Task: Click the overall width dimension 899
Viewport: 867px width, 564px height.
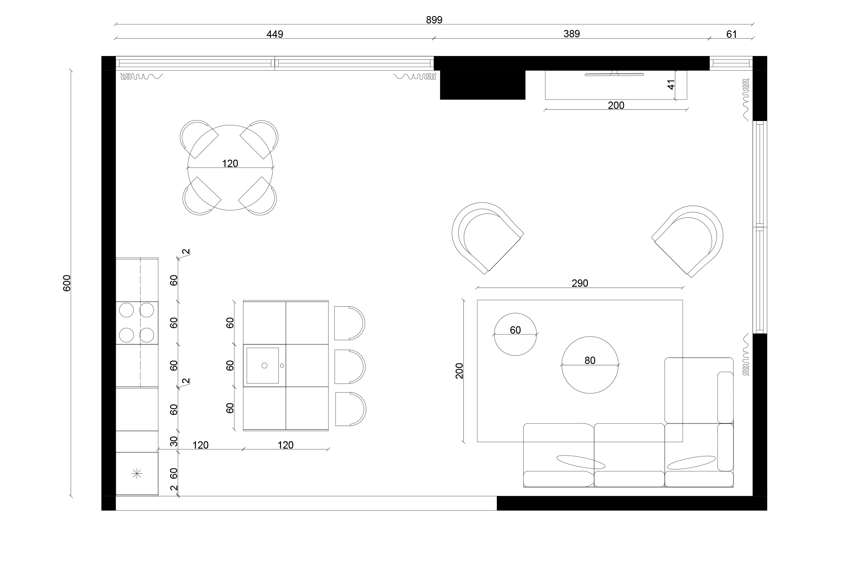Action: pyautogui.click(x=434, y=20)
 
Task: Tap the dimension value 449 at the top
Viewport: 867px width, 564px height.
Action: pyautogui.click(x=275, y=34)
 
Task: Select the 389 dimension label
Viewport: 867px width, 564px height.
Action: pyautogui.click(x=571, y=34)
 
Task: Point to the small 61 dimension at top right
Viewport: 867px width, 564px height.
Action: pyautogui.click(x=731, y=34)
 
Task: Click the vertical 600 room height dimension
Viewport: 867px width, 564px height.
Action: pyautogui.click(x=67, y=283)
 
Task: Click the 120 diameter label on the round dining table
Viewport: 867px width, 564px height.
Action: pyautogui.click(x=230, y=164)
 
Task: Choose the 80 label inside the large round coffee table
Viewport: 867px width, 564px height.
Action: pyautogui.click(x=590, y=361)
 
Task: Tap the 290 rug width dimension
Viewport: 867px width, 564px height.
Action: pyautogui.click(x=580, y=283)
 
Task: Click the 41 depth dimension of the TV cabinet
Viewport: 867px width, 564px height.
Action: pyautogui.click(x=671, y=84)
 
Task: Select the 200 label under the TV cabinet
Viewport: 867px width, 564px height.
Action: pyautogui.click(x=616, y=105)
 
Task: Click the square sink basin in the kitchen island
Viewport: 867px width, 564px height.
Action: pyautogui.click(x=263, y=365)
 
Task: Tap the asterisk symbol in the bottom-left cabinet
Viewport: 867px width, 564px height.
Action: pyautogui.click(x=137, y=474)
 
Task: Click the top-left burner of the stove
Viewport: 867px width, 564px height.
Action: pyautogui.click(x=126, y=310)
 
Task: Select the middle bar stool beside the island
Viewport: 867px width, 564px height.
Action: pyautogui.click(x=349, y=367)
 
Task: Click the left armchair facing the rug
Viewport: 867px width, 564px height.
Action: pyautogui.click(x=486, y=236)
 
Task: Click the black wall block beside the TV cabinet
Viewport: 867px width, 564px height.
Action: pyautogui.click(x=482, y=85)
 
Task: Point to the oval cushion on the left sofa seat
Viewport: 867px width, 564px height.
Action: pyautogui.click(x=580, y=462)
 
